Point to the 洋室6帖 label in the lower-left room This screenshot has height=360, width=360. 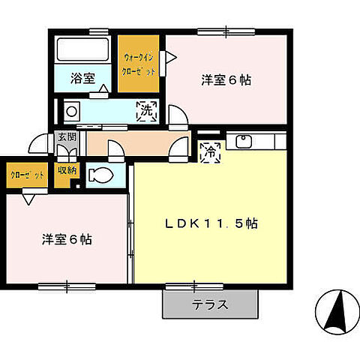click(67, 240)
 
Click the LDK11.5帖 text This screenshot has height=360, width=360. click(212, 223)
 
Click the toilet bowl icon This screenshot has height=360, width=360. click(99, 175)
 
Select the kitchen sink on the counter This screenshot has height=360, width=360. click(244, 141)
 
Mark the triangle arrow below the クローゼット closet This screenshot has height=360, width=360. click(28, 199)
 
